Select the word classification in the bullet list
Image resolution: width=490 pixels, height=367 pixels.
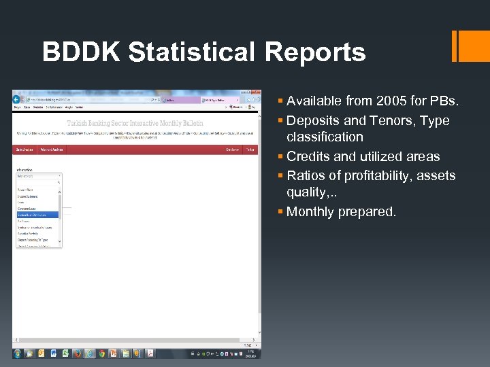pyautogui.click(x=325, y=137)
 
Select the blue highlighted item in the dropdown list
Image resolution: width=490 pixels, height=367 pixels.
pyautogui.click(x=37, y=215)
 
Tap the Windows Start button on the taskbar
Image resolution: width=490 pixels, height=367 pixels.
pyautogui.click(x=18, y=353)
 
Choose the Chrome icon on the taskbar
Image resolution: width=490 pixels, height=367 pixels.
pyautogui.click(x=101, y=353)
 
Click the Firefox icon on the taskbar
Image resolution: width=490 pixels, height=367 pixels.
pyautogui.click(x=78, y=353)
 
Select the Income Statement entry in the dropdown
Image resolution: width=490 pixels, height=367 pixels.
pyautogui.click(x=30, y=195)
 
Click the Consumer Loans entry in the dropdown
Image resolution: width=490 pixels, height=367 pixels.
pyautogui.click(x=29, y=208)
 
